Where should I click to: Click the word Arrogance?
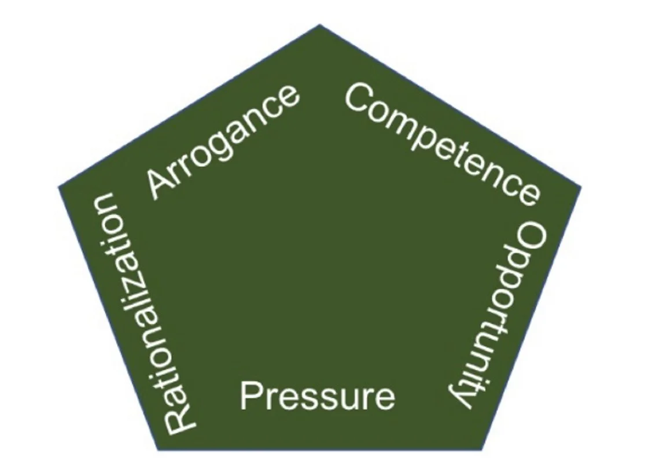223,142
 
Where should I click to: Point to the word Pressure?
317,397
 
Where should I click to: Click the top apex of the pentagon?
320,25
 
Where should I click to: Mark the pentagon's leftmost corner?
60,186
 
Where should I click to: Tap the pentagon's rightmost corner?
580,186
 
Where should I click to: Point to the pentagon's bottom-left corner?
158,449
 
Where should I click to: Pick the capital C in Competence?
359,97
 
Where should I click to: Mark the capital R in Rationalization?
180,419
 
